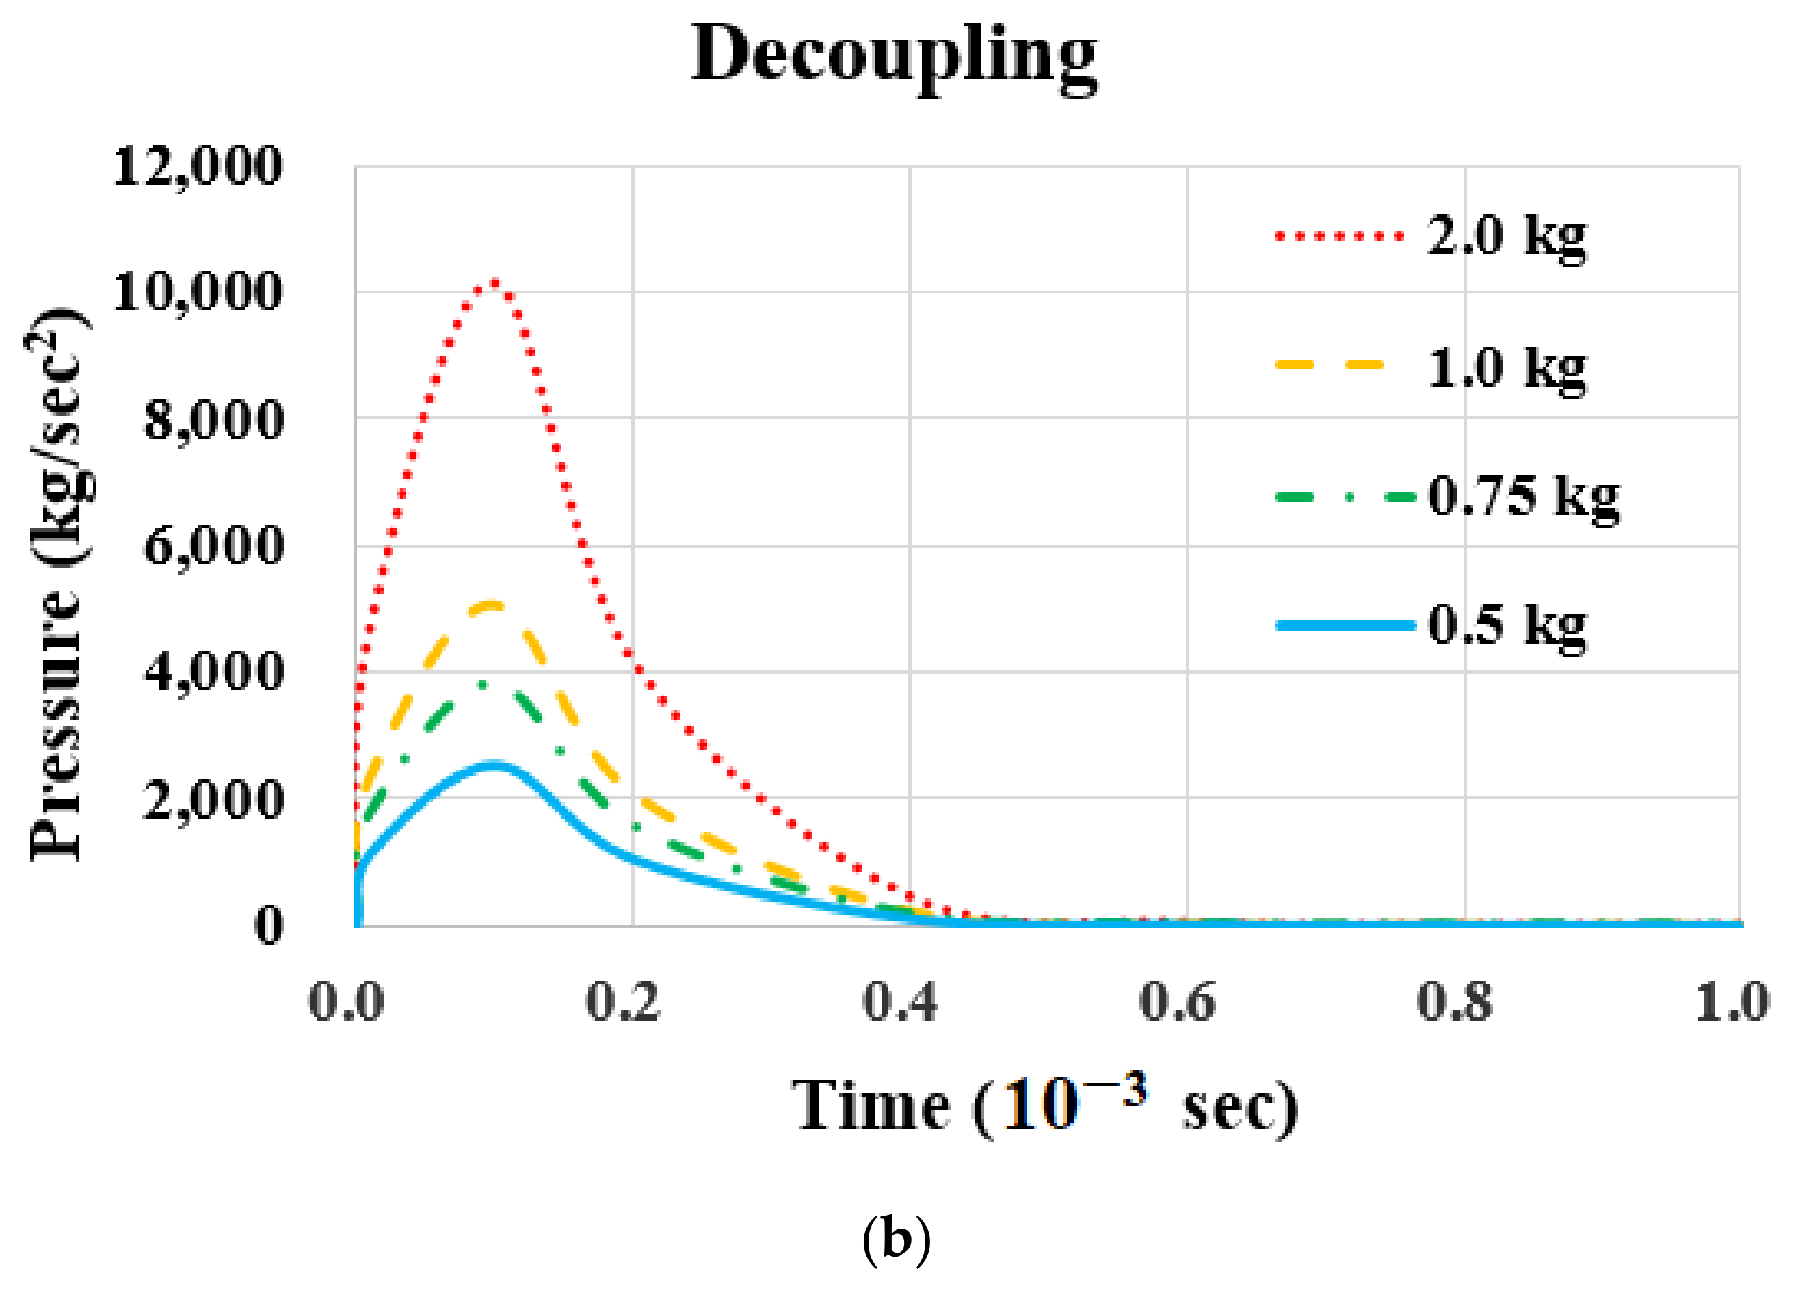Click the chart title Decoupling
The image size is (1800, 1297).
(894, 55)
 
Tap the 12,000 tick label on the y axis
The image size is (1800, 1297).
(197, 167)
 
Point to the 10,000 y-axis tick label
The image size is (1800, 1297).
(197, 292)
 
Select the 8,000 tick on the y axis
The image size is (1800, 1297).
(213, 420)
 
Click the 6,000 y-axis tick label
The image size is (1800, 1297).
(213, 546)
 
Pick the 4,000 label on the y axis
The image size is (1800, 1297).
(213, 672)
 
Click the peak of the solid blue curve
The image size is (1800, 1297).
(494, 764)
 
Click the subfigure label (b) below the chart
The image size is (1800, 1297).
(896, 1237)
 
